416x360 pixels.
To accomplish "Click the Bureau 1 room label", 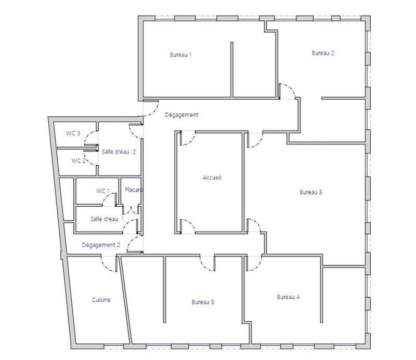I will [x=180, y=55].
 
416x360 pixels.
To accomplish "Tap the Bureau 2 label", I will [x=322, y=53].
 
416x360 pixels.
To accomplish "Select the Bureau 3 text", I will [x=310, y=192].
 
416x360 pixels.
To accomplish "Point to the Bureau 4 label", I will [x=288, y=297].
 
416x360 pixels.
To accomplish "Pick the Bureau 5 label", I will [x=203, y=302].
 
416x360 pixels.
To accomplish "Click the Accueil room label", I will [x=212, y=178].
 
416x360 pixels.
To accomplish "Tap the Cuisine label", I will [x=101, y=300].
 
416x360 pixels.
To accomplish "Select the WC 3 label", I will [x=73, y=133].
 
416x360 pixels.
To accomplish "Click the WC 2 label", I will [x=78, y=161].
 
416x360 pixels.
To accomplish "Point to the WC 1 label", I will [x=103, y=191].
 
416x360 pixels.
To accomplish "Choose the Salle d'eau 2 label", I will [x=119, y=152].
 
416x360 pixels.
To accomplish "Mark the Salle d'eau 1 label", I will [x=107, y=219].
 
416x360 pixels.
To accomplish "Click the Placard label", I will [x=134, y=190].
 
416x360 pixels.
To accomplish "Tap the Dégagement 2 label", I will [x=101, y=245].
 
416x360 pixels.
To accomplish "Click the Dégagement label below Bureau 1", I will [x=181, y=115].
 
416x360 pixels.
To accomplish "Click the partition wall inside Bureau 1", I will [x=231, y=70].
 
